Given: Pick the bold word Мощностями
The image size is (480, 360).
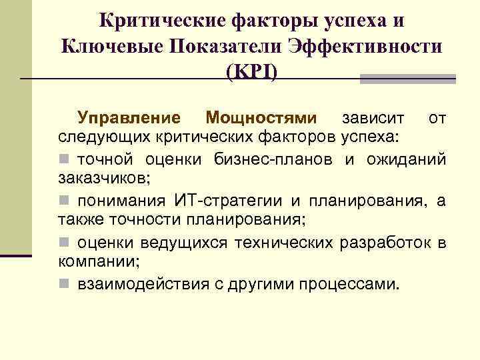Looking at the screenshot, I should click(x=261, y=119).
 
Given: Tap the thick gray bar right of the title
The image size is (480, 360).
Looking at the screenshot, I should click(x=407, y=79).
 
